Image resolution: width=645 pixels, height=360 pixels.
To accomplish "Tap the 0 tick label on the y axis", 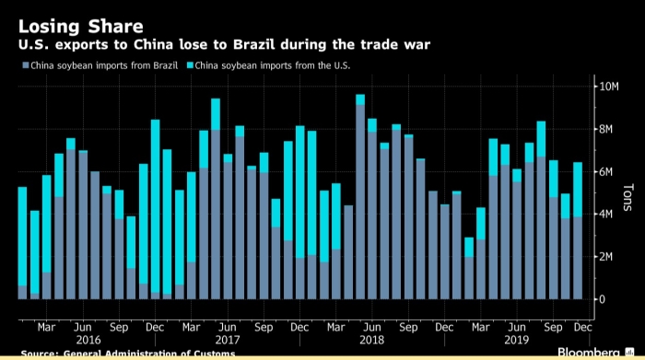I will (603, 299).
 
